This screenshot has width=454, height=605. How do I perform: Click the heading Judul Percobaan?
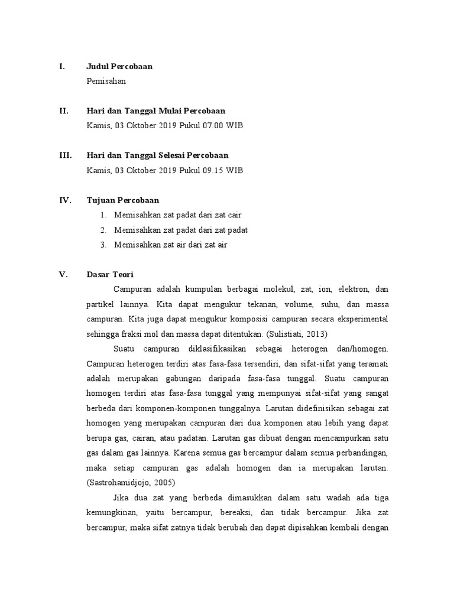pyautogui.click(x=119, y=67)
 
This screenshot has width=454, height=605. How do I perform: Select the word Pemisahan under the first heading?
pyautogui.click(x=106, y=82)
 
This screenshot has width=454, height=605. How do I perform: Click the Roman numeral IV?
pyautogui.click(x=65, y=200)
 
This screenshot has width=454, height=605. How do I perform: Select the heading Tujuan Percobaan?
pyautogui.click(x=122, y=200)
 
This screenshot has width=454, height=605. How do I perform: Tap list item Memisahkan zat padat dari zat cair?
pyautogui.click(x=178, y=215)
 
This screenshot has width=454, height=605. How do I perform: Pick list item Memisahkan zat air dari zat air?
pyautogui.click(x=171, y=245)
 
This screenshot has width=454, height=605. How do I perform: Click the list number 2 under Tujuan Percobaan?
pyautogui.click(x=103, y=230)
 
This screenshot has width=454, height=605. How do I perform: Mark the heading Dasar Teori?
pyautogui.click(x=110, y=275)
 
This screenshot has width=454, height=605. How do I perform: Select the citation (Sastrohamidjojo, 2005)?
pyautogui.click(x=127, y=482)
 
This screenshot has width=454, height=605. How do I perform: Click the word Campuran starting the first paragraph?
pyautogui.click(x=132, y=290)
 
